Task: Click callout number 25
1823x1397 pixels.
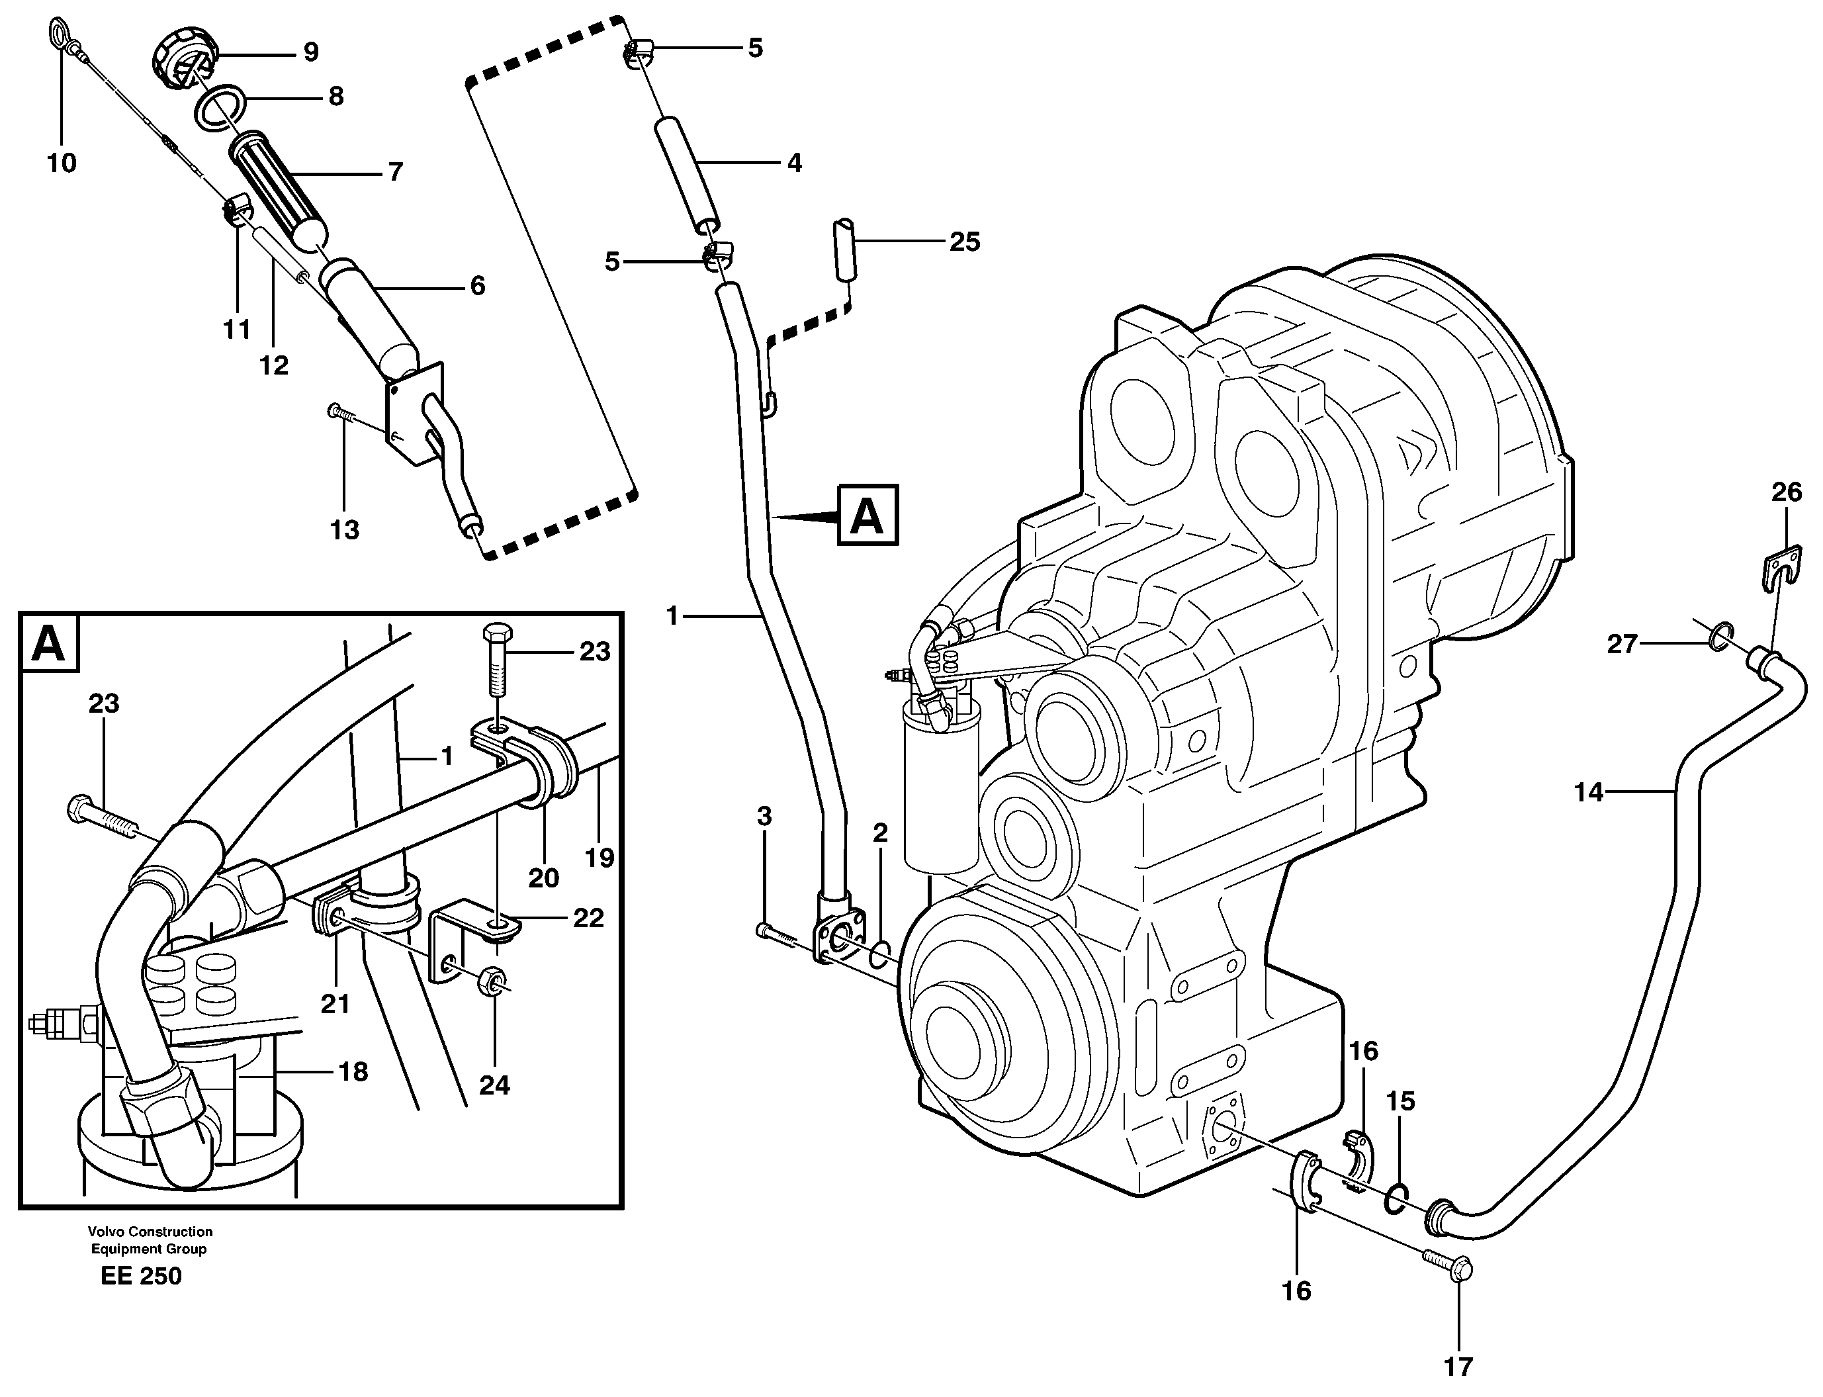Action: click(964, 242)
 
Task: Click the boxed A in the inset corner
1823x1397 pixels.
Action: click(49, 643)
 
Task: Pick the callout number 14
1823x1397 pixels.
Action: click(1589, 792)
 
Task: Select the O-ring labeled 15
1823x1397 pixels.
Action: click(1396, 1199)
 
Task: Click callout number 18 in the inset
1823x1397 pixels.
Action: click(353, 1072)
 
